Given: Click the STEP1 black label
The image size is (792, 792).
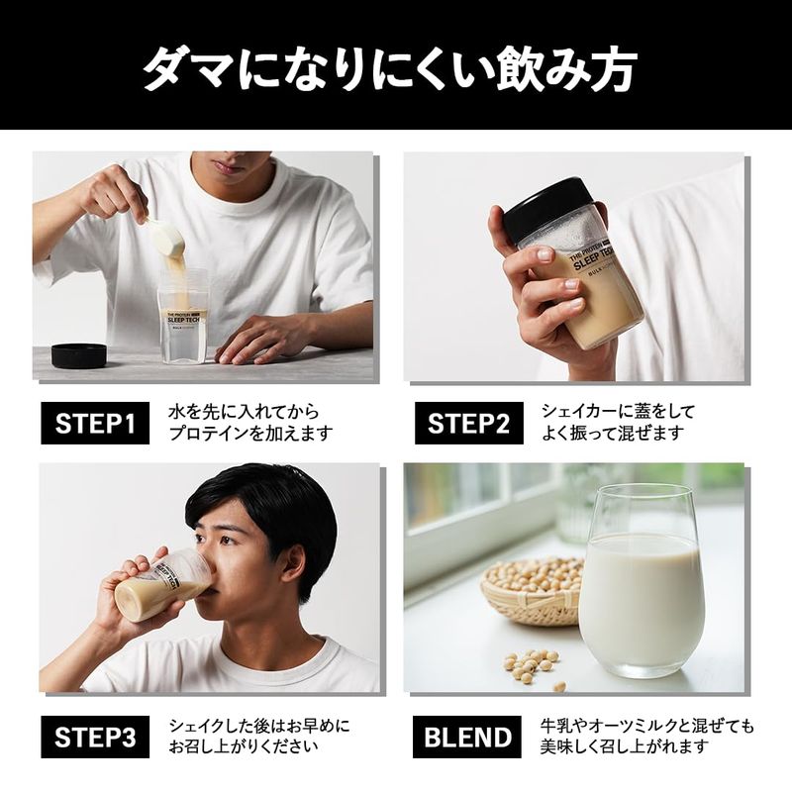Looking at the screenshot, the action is click(x=95, y=424).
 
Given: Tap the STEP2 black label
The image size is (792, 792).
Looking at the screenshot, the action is click(x=468, y=424).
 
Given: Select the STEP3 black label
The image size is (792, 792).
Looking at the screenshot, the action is click(x=95, y=737).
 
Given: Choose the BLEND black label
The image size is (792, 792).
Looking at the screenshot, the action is click(x=467, y=737).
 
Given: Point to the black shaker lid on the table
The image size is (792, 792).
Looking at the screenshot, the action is click(x=79, y=355).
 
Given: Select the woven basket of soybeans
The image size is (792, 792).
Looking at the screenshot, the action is click(x=532, y=590).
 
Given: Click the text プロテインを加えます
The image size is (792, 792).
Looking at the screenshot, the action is click(x=251, y=434).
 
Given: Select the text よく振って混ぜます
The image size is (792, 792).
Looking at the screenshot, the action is click(x=613, y=434).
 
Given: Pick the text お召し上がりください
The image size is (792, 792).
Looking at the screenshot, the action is click(x=244, y=746).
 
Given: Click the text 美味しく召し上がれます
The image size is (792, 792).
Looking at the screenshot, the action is click(x=625, y=746).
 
